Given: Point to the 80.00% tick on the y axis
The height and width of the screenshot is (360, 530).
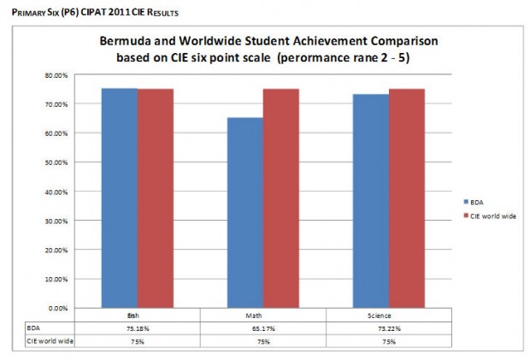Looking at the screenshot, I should [x=56, y=75].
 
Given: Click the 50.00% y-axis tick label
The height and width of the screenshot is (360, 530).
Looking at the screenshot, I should [x=56, y=162].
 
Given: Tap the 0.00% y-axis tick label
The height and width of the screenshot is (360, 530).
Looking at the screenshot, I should [x=58, y=308].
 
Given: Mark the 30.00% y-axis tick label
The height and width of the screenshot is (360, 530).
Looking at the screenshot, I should [x=56, y=221].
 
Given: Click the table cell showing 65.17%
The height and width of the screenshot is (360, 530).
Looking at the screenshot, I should [x=262, y=328].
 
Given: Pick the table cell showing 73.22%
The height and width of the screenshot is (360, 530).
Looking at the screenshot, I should [x=389, y=328].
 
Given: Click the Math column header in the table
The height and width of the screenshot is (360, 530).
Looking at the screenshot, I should [x=262, y=316].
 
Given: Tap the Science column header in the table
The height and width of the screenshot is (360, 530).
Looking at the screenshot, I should [x=389, y=316].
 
